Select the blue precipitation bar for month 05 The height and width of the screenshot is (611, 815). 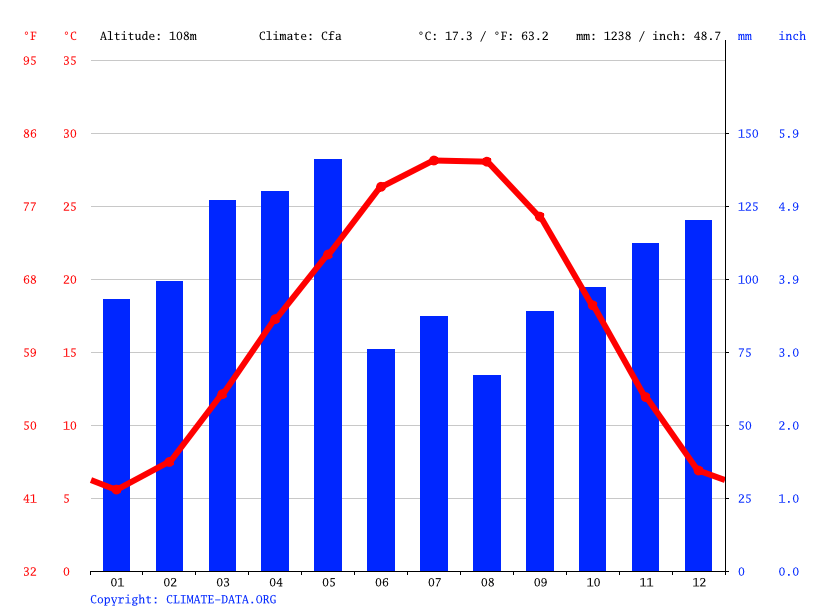coord(328,365)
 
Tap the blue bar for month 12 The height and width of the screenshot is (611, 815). coord(698,395)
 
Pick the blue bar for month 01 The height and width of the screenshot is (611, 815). coord(117,435)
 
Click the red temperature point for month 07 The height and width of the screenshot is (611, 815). coord(434,160)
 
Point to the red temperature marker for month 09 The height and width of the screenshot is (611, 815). coord(540,217)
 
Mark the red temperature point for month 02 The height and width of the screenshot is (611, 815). coord(170,461)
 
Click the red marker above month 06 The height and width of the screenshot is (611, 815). coord(381,187)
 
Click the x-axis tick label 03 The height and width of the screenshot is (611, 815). coord(222,582)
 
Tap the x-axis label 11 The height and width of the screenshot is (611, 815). coord(646,582)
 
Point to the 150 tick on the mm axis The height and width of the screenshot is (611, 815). coord(747,134)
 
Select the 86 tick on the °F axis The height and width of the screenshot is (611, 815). coord(30,134)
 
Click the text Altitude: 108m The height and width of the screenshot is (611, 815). coord(148,36)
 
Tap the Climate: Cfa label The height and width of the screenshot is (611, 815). coord(300,36)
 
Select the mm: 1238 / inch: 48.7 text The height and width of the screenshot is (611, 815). coord(648,36)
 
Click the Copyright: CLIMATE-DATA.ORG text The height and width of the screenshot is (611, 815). coord(183,599)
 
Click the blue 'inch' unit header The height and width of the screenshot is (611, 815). coord(792,36)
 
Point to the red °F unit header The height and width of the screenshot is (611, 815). coord(30,36)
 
